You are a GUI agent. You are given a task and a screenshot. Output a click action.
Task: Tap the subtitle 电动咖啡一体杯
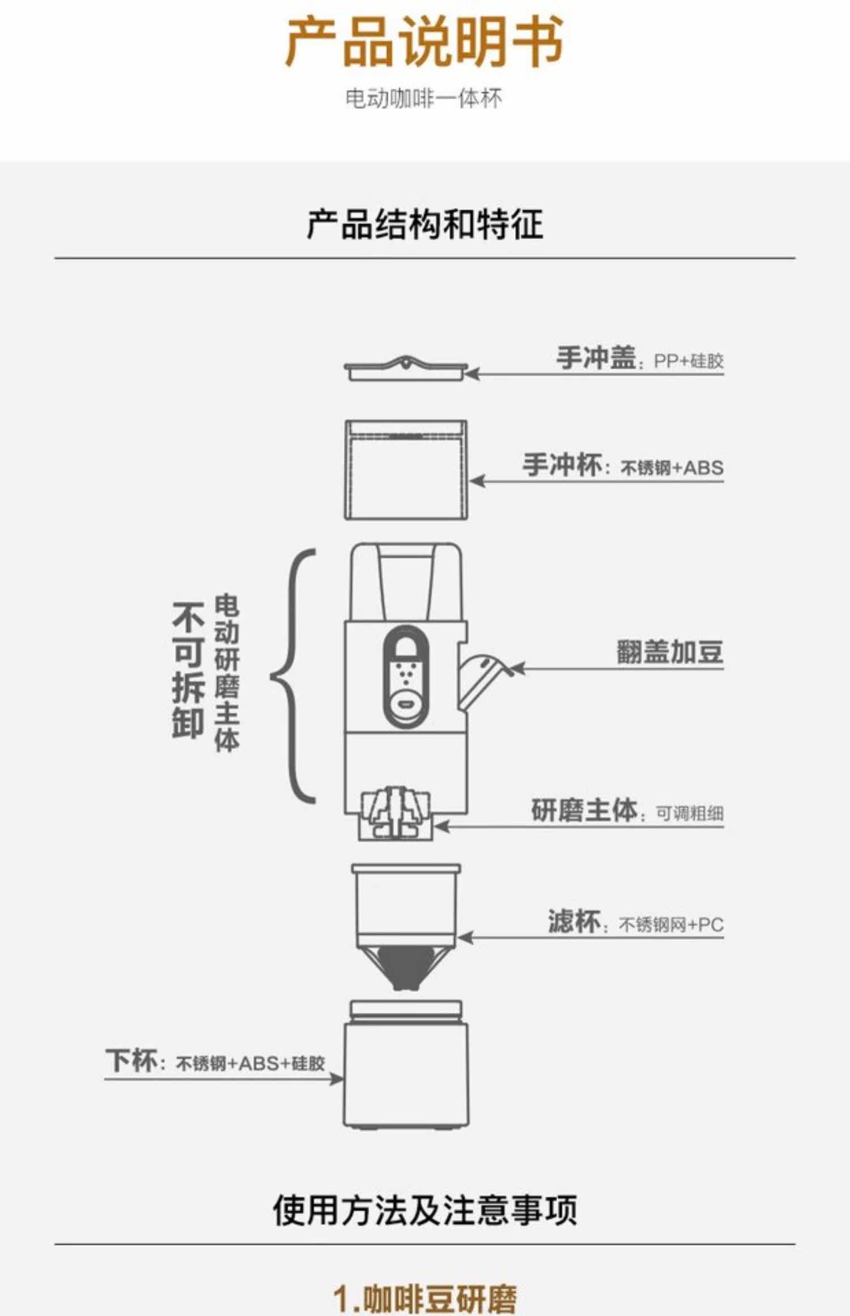424,99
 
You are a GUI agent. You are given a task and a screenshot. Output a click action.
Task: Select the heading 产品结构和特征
424,224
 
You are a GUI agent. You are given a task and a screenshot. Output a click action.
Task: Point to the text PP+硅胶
688,361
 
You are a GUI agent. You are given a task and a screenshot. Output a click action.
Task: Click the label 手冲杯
562,465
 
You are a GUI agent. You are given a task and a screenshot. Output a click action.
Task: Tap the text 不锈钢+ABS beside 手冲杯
672,468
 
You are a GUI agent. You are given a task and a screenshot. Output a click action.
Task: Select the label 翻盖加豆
670,652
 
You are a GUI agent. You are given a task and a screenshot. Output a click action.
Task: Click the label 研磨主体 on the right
584,810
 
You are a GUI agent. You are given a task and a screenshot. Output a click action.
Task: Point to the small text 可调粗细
690,813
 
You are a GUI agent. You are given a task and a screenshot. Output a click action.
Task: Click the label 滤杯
573,921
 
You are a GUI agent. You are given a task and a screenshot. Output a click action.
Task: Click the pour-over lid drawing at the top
406,369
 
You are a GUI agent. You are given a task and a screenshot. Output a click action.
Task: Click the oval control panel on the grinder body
405,677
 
